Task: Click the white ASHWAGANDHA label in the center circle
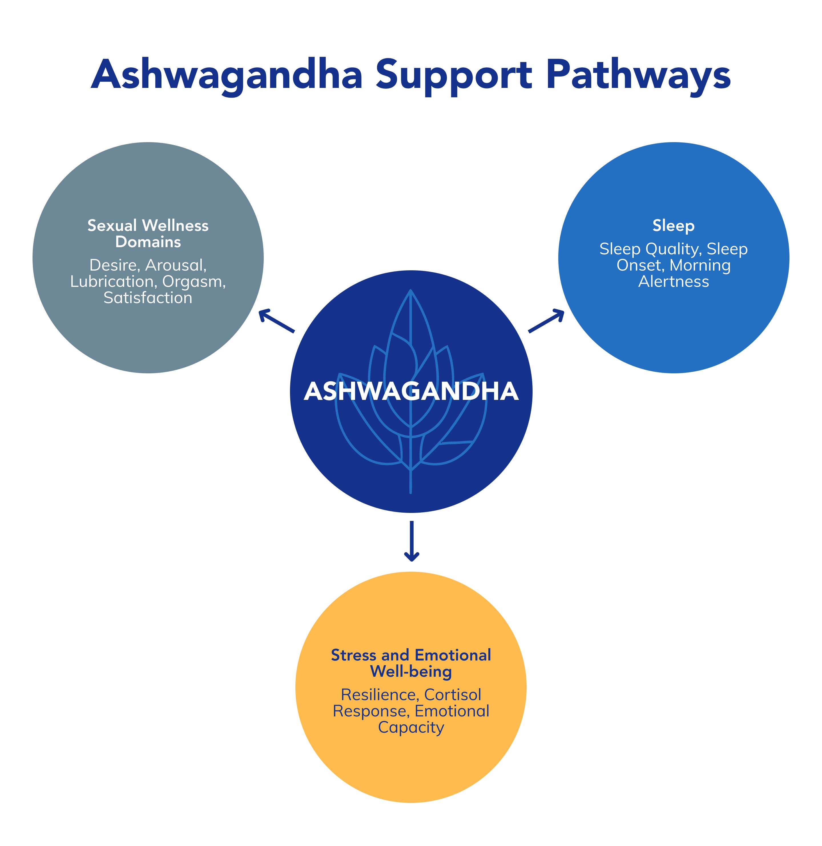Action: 411,392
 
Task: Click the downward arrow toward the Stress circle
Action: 412,541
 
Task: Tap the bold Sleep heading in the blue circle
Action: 674,226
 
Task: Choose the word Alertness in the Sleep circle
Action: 674,281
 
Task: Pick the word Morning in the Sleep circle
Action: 700,265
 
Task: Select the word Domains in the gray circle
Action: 148,242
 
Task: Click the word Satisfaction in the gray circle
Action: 148,298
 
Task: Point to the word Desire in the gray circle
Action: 115,265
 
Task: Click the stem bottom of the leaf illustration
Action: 410,492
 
